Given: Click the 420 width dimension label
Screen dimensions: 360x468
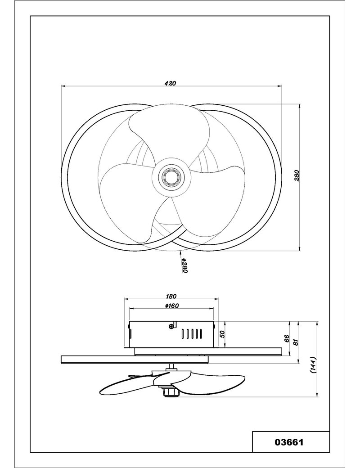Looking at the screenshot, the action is coord(170,83).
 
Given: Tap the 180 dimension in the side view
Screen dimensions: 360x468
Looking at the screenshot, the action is coord(171,296).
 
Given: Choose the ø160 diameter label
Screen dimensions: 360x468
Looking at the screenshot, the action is coord(171,306).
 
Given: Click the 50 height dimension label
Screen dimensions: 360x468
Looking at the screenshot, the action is coord(222,334).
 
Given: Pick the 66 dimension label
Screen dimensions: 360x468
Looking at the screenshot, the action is coord(287,338).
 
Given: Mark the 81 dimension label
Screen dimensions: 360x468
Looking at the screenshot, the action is coord(296,342).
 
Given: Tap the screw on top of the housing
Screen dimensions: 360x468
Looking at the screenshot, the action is coord(171,326).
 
